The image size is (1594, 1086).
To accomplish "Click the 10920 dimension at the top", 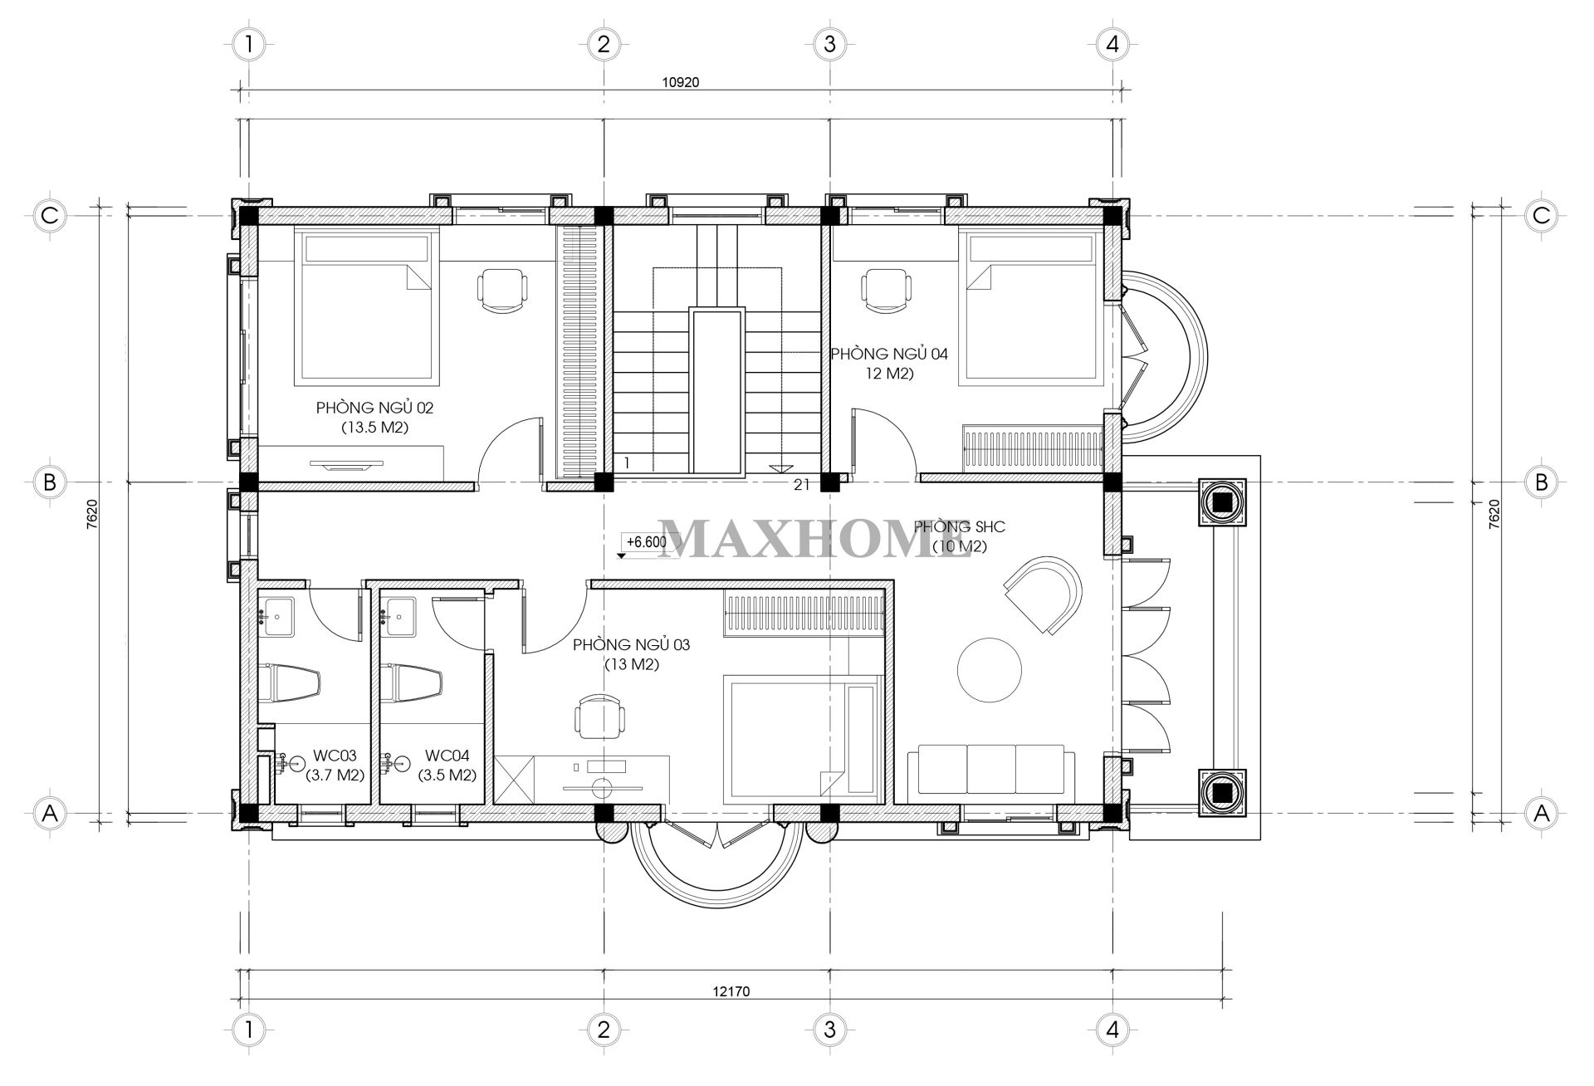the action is pyautogui.click(x=682, y=81).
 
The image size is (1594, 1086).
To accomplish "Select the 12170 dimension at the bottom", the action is pyautogui.click(x=731, y=991).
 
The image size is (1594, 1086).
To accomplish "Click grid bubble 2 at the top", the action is pyautogui.click(x=603, y=43).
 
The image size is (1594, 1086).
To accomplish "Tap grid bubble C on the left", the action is pyautogui.click(x=49, y=215).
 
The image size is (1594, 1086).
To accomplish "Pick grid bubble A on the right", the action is pyautogui.click(x=1542, y=814).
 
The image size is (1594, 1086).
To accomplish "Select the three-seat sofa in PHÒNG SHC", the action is pyautogui.click(x=990, y=774).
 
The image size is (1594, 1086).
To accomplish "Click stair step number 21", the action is pyautogui.click(x=801, y=486).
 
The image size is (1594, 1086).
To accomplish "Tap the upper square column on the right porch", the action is pyautogui.click(x=1222, y=502).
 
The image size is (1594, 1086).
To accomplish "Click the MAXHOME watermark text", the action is pyautogui.click(x=815, y=539).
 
